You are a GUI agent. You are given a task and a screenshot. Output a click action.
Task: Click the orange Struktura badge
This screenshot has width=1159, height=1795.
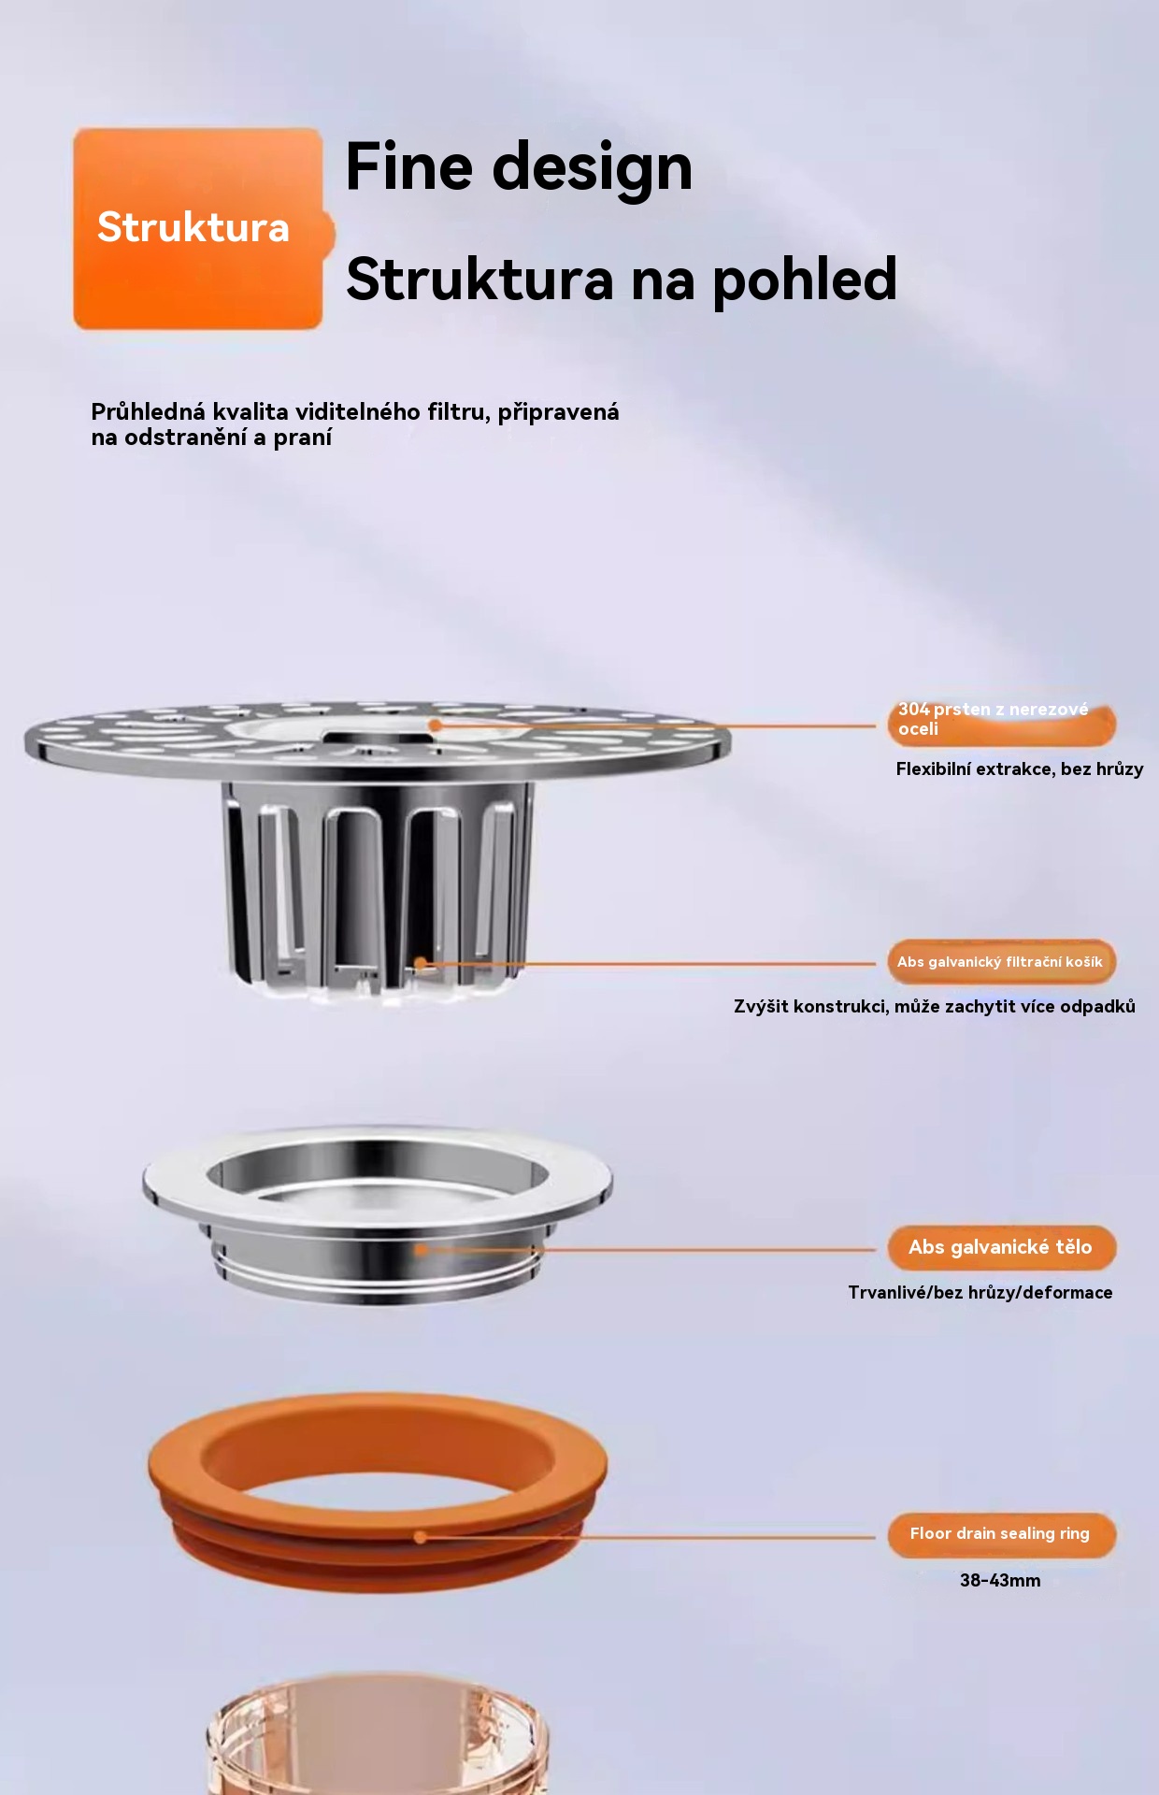tap(199, 229)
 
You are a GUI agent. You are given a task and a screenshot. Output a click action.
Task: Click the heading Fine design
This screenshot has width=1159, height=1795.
tap(519, 168)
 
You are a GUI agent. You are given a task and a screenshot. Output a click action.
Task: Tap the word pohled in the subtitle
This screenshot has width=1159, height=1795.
tap(804, 280)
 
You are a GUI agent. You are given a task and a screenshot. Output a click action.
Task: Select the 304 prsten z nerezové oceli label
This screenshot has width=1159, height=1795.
tap(1001, 720)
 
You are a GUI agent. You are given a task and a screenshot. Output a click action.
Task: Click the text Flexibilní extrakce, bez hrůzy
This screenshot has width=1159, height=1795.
tap(1020, 769)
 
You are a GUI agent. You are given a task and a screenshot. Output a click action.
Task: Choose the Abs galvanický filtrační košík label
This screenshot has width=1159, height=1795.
tap(1001, 962)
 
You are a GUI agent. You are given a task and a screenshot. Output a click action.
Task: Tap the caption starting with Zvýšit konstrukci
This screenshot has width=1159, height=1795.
tap(935, 1007)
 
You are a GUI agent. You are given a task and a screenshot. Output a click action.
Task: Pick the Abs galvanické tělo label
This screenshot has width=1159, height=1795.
tap(1001, 1247)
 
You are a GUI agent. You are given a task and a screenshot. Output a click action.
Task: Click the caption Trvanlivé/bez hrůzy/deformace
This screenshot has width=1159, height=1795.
tap(980, 1293)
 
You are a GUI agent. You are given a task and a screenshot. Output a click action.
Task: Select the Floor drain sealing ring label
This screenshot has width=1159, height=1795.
tap(1001, 1534)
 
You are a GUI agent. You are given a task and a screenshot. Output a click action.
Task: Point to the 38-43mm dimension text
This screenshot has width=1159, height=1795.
tap(1000, 1581)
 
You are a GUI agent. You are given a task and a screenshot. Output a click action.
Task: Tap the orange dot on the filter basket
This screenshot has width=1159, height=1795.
tap(421, 963)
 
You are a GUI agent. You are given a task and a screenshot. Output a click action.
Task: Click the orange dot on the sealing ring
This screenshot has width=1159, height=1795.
tap(421, 1537)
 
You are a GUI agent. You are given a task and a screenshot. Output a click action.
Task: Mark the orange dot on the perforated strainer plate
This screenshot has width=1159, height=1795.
tap(435, 725)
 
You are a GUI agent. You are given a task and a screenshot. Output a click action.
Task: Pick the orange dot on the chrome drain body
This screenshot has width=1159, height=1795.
tap(421, 1249)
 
